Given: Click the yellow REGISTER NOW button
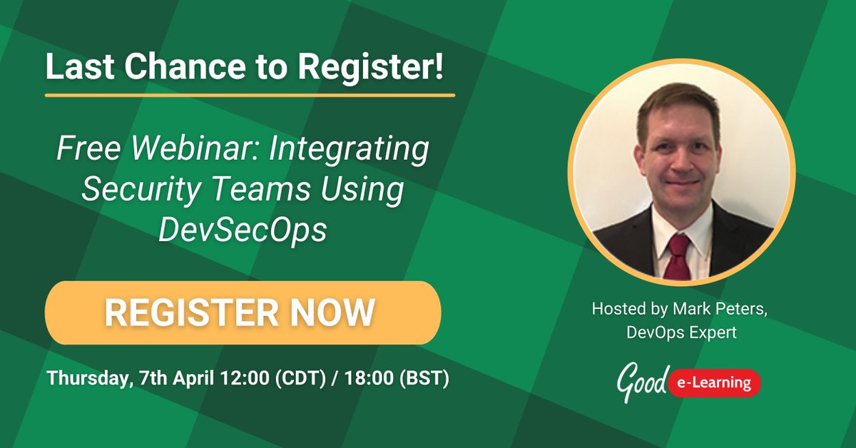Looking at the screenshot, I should [243, 312].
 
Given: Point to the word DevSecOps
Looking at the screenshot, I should [242, 230].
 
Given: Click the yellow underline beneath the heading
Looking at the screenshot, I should [250, 94].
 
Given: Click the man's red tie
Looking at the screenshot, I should [677, 257].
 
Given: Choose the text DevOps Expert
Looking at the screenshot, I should [681, 332].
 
